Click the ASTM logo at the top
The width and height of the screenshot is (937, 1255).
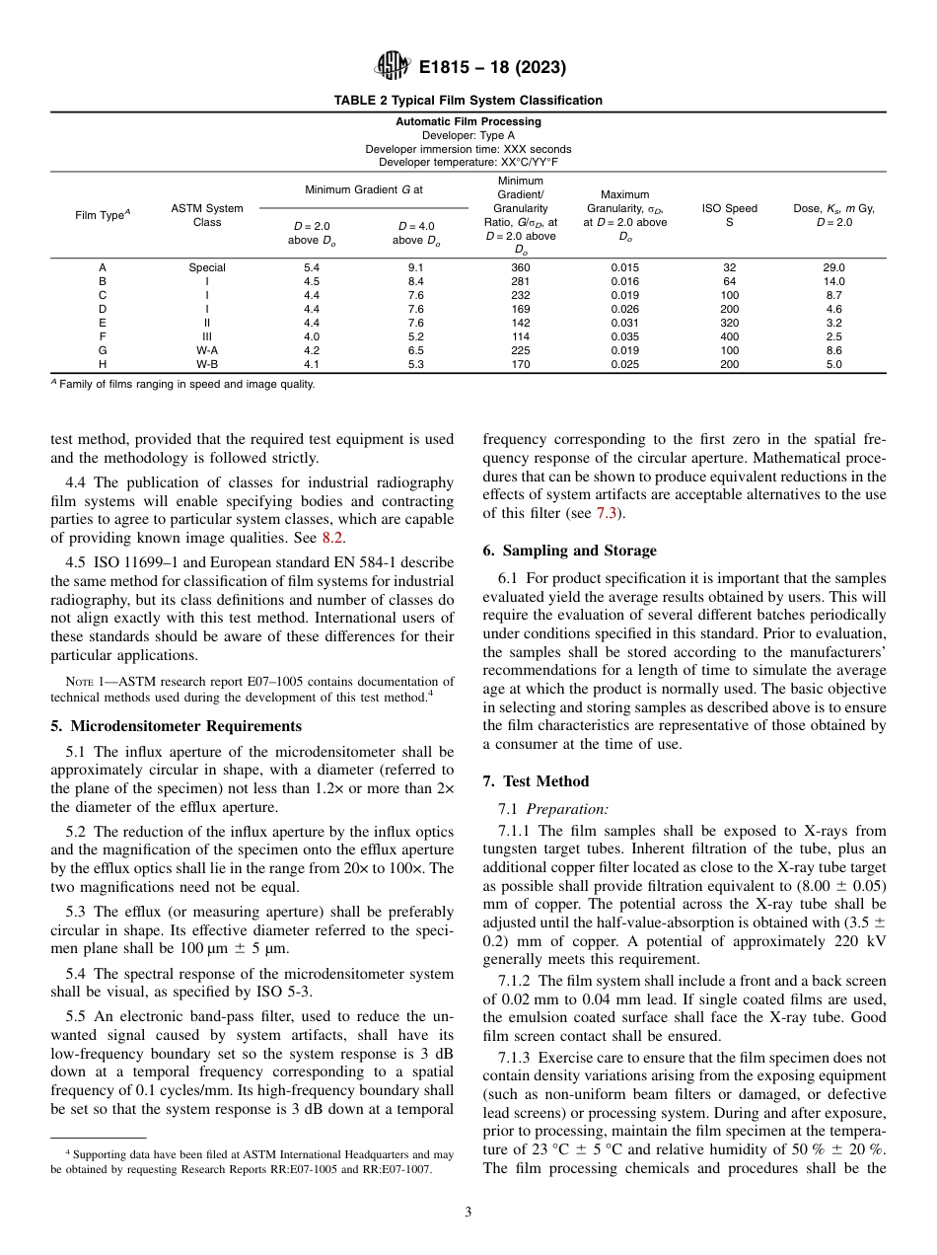(394, 68)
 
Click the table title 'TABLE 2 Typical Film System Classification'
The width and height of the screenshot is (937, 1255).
(468, 101)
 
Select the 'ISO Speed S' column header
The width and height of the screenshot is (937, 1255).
(729, 215)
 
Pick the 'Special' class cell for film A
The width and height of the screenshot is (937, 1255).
(207, 267)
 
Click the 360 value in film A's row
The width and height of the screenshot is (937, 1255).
(521, 267)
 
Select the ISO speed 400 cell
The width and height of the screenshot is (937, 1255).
(729, 336)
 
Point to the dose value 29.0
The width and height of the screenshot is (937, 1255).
(833, 267)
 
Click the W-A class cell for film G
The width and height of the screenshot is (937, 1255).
(207, 350)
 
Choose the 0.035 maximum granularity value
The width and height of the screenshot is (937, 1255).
(625, 336)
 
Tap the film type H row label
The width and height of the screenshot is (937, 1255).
(103, 364)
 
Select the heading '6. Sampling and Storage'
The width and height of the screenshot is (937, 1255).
(569, 551)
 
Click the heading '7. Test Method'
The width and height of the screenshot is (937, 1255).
(536, 781)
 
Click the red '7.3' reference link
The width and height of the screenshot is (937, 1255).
(608, 513)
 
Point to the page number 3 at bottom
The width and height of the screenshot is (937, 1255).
(468, 1213)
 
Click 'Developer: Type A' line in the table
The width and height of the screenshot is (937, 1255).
(468, 135)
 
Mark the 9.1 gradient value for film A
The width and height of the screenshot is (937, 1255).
(416, 267)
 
